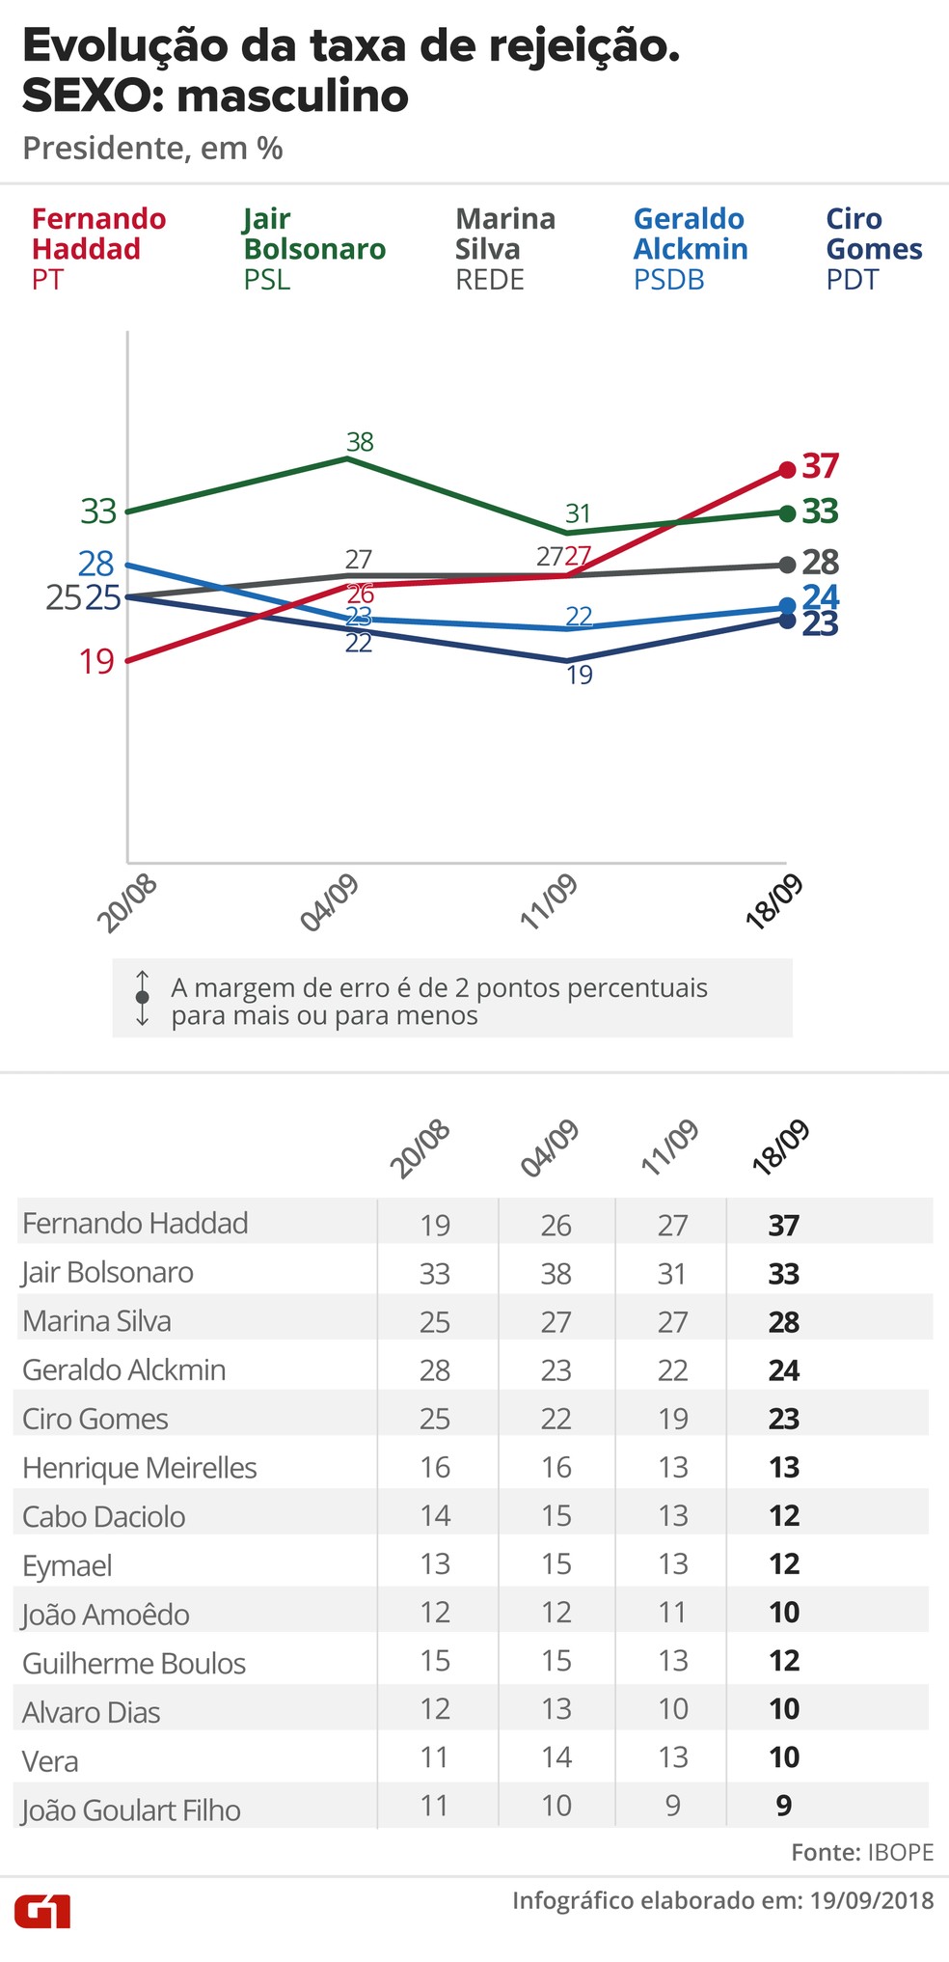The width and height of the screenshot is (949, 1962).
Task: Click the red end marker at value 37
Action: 786,469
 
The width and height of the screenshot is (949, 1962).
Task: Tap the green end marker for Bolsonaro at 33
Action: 786,511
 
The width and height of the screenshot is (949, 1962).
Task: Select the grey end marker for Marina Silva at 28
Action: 786,565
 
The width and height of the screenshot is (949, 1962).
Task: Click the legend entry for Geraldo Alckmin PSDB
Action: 690,248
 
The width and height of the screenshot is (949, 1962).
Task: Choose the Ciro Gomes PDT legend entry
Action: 873,248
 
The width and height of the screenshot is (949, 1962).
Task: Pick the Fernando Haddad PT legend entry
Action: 98,248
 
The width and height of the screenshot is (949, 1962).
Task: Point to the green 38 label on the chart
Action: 360,442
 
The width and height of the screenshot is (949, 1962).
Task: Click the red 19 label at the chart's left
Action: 96,662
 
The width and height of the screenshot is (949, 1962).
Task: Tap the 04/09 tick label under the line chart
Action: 330,903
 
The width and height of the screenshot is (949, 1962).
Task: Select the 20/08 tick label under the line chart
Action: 126,903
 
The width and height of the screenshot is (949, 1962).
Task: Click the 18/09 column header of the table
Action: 780,1147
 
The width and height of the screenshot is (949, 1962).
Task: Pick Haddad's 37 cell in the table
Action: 783,1226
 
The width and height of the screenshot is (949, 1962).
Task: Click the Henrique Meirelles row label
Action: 140,1468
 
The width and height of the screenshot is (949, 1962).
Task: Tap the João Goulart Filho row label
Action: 131,1810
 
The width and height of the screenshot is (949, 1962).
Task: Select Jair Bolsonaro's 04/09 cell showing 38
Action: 556,1274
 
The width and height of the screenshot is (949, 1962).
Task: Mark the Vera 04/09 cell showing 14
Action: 556,1757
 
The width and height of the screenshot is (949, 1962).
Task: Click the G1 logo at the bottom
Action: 42,1911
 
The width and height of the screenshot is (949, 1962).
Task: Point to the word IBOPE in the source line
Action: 901,1852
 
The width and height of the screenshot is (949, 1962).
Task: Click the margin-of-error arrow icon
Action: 143,998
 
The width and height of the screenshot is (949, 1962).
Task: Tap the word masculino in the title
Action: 293,97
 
